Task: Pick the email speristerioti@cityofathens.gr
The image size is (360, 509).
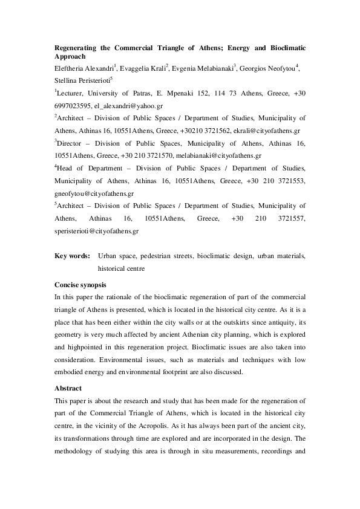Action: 97,230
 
